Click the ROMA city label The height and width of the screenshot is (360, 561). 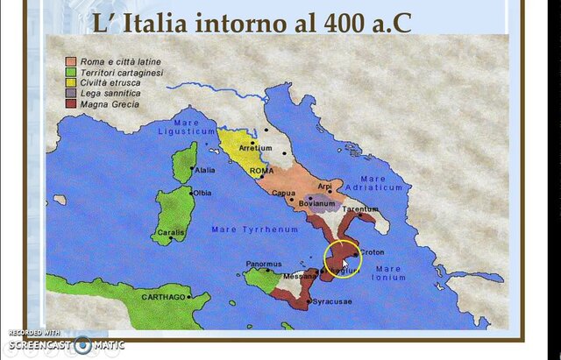point(261,171)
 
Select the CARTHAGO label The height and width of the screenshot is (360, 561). point(163,298)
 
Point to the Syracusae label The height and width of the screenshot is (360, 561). point(333,301)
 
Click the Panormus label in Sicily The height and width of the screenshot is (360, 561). point(264,264)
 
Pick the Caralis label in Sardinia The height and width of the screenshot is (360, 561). point(171,232)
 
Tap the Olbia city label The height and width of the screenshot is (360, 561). point(202,193)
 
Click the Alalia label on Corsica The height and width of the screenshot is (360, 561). point(205,170)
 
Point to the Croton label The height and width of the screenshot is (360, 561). point(373,251)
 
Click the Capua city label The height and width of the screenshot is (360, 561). point(283,194)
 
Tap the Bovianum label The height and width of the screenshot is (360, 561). point(318,203)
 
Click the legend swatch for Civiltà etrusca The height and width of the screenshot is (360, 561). point(70,83)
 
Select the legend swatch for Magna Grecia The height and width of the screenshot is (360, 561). point(70,104)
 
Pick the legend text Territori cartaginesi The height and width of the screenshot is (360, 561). point(122,73)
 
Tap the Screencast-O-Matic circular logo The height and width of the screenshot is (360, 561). point(83,344)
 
